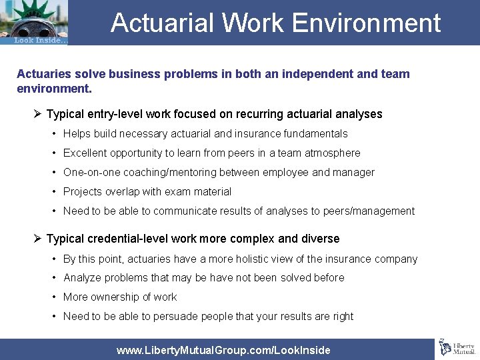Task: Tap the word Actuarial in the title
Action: point(162,23)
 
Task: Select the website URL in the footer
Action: point(223,350)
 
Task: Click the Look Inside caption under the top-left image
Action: point(41,40)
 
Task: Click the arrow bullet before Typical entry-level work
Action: point(37,114)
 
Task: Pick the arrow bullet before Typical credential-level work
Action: point(37,239)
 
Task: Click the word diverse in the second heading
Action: point(320,239)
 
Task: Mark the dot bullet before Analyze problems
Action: point(55,278)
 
